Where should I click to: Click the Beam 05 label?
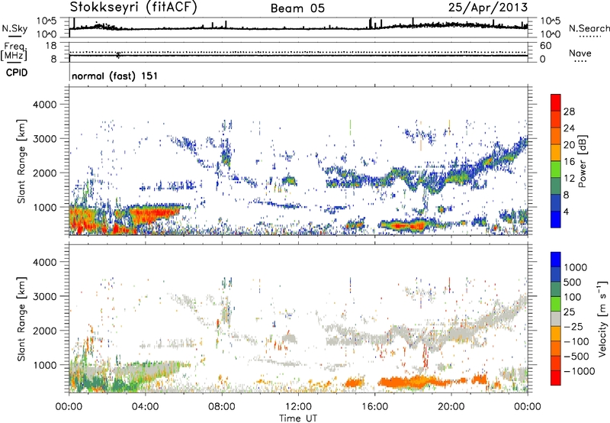coord(297,8)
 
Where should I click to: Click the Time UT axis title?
coord(298,418)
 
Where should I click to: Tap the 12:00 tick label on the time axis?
coord(298,406)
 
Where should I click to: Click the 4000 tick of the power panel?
coord(52,103)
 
